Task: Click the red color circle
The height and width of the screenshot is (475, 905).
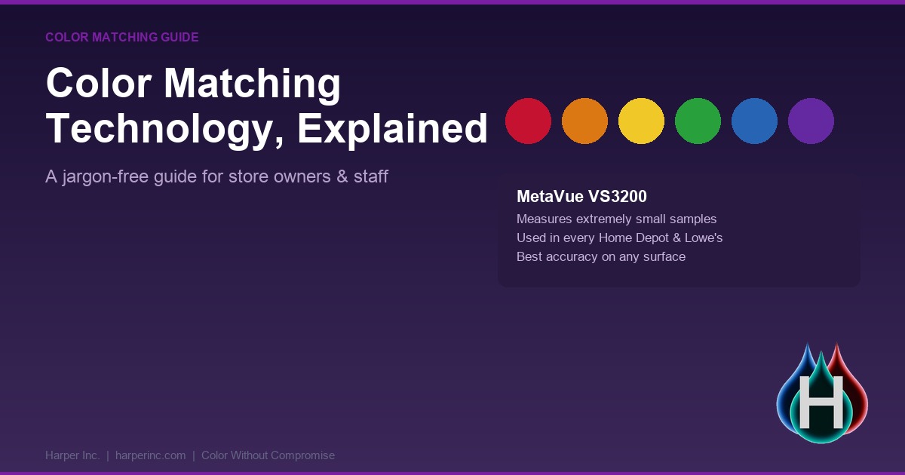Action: pos(528,121)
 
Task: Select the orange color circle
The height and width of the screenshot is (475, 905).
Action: pos(584,121)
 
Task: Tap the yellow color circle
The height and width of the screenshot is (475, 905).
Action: pos(641,121)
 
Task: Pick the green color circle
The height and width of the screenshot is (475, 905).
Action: pos(698,121)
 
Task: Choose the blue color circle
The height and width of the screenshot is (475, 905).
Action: pos(754,121)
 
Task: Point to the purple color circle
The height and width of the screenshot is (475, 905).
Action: pos(811,121)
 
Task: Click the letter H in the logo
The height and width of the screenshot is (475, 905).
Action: pos(821,402)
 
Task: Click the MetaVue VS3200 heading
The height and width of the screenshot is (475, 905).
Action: pos(581,197)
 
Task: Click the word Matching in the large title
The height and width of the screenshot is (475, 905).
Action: pos(252,84)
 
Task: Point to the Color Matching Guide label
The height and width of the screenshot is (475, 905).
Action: pos(121,37)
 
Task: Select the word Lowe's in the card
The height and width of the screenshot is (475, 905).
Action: pos(704,237)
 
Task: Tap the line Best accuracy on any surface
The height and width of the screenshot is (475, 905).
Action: pos(601,257)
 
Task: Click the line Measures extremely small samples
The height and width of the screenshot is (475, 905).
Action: pos(617,219)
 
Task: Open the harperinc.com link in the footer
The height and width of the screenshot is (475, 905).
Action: pos(150,455)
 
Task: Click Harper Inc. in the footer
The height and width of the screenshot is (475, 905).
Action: pos(72,455)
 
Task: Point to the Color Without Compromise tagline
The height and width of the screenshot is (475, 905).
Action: pos(268,455)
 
